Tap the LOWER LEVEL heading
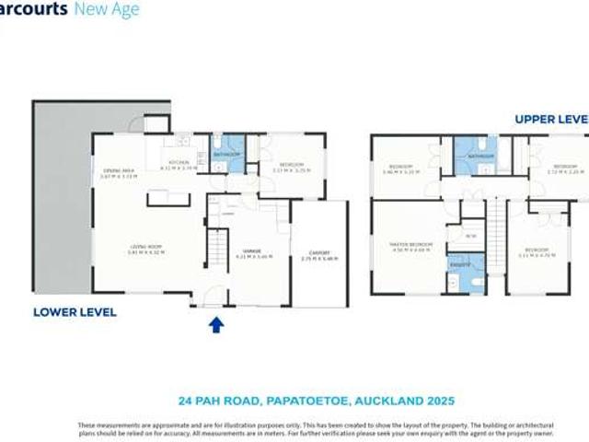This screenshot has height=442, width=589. [75, 312]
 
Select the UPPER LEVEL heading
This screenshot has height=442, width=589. [550, 119]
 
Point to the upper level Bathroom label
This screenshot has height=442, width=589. [481, 157]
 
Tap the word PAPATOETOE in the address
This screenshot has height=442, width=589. [314, 401]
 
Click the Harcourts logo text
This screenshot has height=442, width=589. [46, 10]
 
